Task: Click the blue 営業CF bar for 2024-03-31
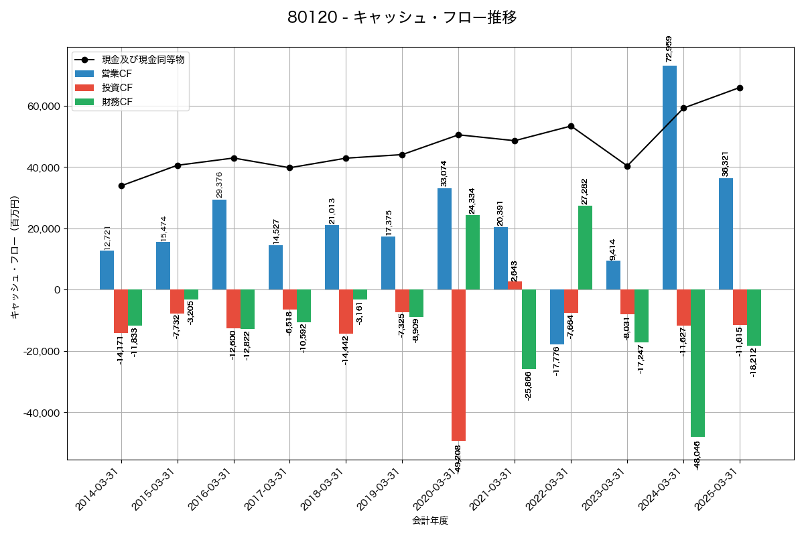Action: coord(669,178)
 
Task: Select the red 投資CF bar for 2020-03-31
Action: coord(458,365)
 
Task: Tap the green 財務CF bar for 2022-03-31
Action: coord(585,248)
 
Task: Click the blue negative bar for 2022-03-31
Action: coord(557,317)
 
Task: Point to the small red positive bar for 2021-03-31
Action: coord(515,285)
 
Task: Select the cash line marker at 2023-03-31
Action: coord(627,166)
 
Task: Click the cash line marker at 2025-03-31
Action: coord(740,88)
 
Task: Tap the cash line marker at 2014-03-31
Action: coord(121,186)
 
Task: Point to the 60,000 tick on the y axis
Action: coord(43,107)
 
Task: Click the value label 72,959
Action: coord(669,49)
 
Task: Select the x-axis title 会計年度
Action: coord(429,521)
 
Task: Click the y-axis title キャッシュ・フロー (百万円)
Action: coord(15,257)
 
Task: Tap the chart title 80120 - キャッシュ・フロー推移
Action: coord(402,17)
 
